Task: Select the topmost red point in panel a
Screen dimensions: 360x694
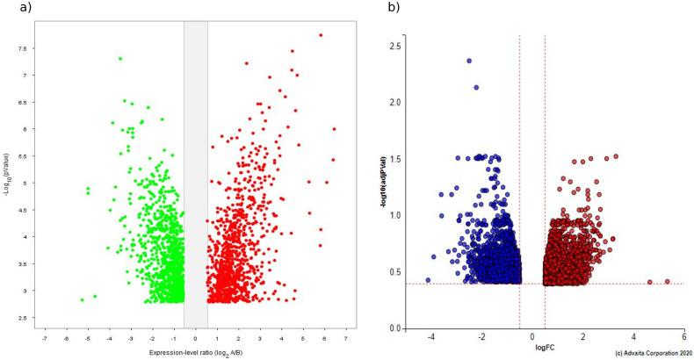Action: [321, 35]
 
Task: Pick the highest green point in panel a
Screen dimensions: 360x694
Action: [120, 59]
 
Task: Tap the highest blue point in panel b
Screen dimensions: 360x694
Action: [469, 61]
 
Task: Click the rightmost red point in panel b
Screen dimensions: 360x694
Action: [668, 282]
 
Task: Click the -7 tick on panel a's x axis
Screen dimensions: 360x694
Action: [45, 338]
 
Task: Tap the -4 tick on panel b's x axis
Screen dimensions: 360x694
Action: [430, 337]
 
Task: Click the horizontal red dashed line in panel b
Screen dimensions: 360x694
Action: [615, 284]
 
